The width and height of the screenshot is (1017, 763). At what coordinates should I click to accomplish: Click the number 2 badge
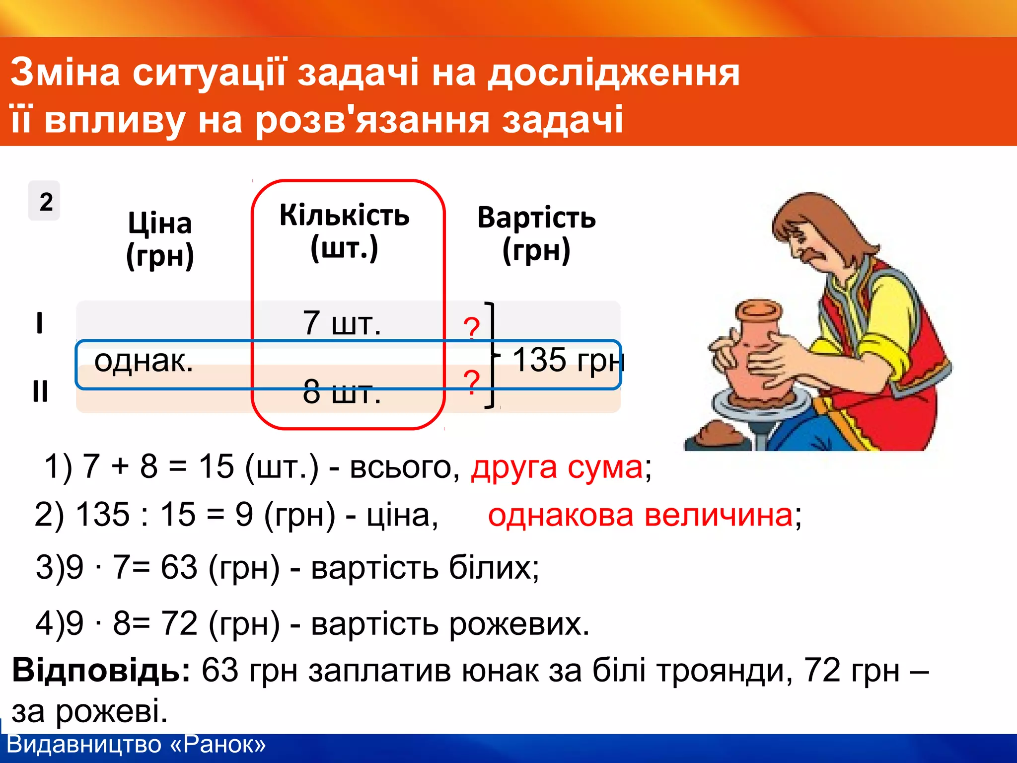click(45, 201)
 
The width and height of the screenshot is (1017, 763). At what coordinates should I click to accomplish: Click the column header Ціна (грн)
click(160, 239)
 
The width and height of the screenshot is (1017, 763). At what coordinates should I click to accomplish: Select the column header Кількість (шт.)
click(345, 231)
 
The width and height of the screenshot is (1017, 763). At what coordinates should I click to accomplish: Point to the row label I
click(40, 323)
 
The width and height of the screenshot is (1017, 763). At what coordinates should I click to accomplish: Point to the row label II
click(40, 391)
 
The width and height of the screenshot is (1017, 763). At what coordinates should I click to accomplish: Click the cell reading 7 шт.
click(342, 323)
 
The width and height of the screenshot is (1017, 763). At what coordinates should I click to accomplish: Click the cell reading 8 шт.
click(342, 392)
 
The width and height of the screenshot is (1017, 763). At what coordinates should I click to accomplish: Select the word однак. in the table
click(144, 361)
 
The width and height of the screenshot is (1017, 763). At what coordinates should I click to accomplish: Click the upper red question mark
click(471, 328)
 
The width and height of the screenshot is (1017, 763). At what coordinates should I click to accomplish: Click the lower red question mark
click(471, 381)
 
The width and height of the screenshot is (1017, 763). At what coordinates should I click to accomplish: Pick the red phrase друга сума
click(557, 467)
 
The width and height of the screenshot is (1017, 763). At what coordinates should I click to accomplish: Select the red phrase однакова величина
click(640, 515)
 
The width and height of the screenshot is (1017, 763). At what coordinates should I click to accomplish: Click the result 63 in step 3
click(179, 567)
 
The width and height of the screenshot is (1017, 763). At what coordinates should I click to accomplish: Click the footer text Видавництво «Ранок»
click(137, 745)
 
